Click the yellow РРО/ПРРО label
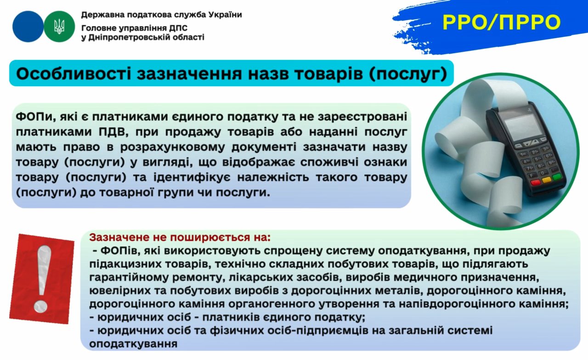501,23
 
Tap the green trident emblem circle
59,27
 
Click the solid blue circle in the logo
28,27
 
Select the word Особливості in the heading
73,74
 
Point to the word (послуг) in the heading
408,74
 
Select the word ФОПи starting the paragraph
34,116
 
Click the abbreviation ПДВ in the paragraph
113,131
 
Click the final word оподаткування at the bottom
133,344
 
